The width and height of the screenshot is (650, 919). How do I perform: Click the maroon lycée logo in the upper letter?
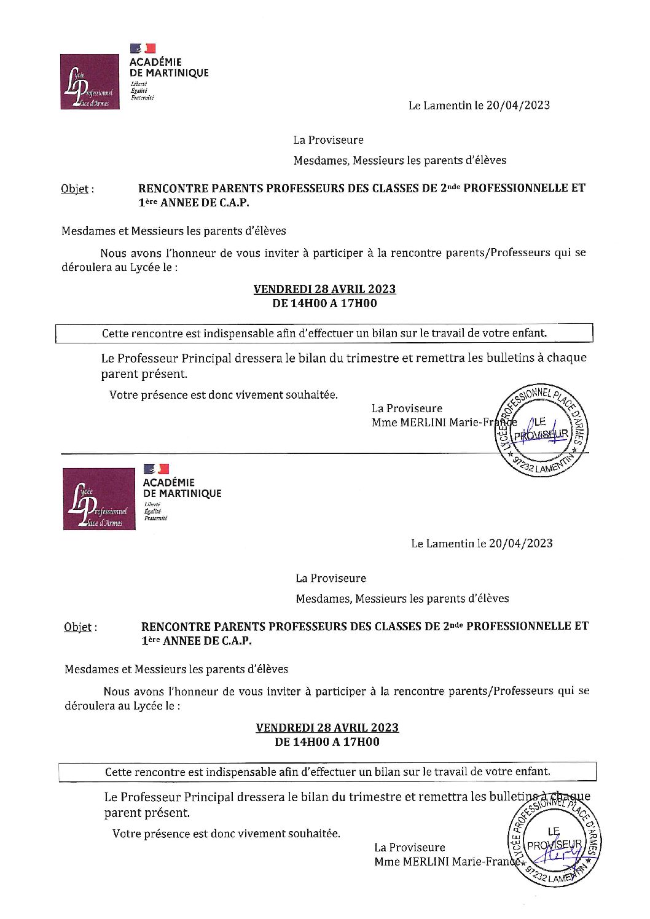90,82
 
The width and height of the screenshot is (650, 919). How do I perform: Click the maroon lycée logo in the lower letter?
99,499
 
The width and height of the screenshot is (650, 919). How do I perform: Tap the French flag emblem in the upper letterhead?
143,48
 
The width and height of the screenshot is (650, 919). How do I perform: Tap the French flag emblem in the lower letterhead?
156,469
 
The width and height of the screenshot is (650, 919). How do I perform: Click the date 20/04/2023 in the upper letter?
518,105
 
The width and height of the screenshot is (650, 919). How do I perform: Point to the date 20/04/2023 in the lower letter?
520,543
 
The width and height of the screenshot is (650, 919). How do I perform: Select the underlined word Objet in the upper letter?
75,189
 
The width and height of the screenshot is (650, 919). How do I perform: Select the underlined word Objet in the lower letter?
78,627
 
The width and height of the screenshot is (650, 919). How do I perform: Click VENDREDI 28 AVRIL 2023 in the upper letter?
324,289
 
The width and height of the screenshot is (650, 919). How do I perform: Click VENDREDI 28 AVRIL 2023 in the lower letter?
327,727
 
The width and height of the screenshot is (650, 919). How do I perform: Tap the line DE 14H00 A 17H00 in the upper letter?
324,303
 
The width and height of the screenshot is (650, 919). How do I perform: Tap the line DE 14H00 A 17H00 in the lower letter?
327,741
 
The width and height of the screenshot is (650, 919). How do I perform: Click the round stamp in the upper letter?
541,431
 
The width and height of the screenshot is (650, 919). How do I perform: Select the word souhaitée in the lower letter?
314,834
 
